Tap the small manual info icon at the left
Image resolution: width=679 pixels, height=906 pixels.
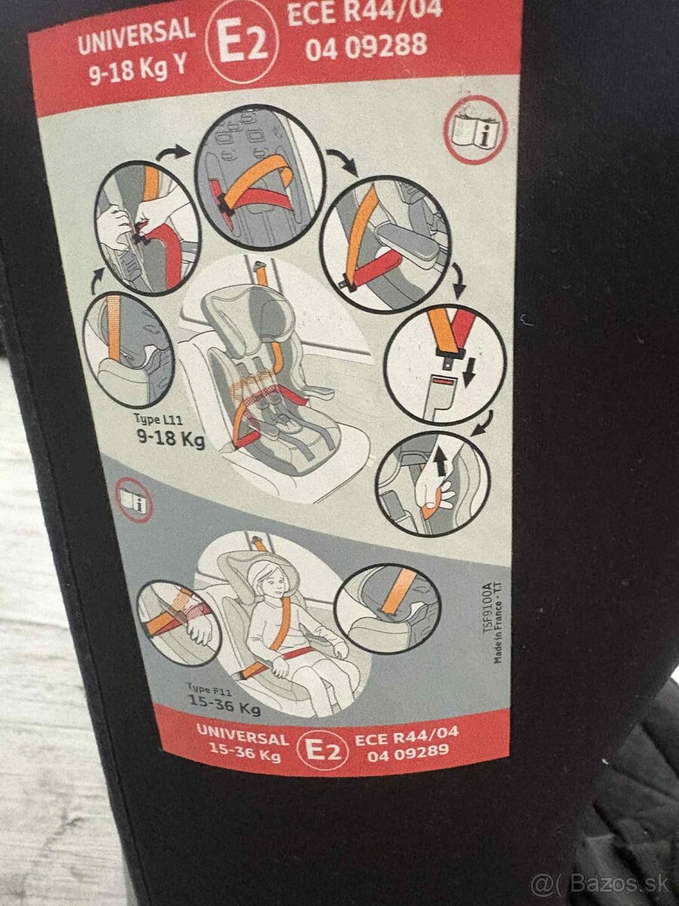click(135, 501)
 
